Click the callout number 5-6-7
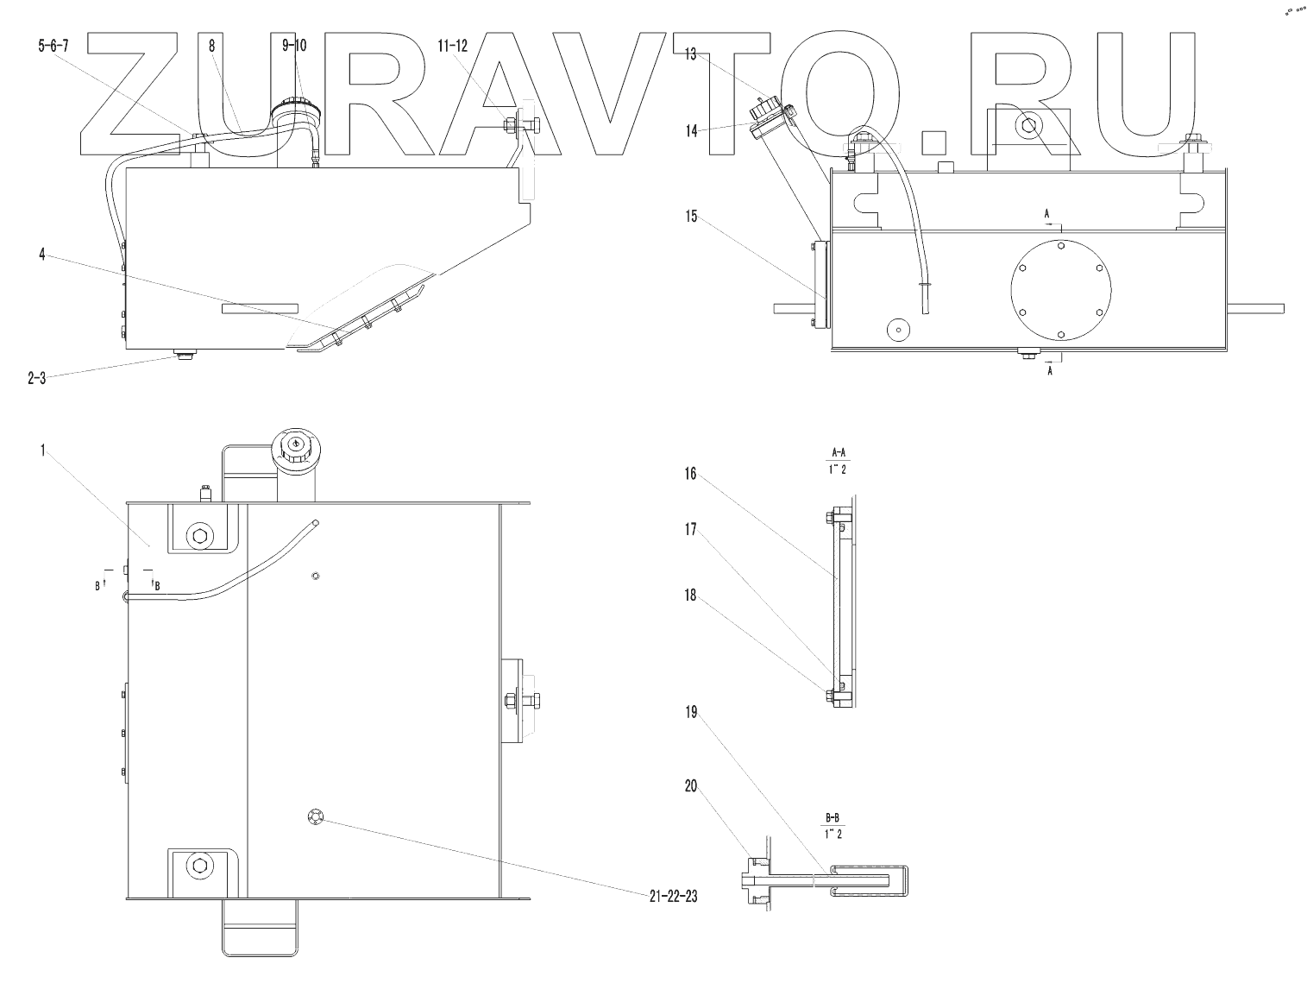53,47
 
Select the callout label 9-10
293,47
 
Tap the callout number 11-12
454,47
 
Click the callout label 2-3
36,377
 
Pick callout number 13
690,54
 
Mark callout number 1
41,451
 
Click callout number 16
691,475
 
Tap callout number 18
691,595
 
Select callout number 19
691,713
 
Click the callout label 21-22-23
673,896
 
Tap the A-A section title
836,452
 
